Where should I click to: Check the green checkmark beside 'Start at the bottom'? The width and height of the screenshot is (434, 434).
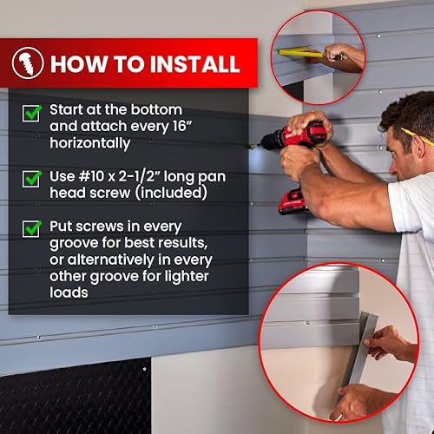[x=31, y=113]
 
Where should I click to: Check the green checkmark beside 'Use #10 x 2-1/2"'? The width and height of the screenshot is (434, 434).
[x=31, y=177]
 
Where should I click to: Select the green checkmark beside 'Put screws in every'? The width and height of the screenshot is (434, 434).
[x=31, y=228]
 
